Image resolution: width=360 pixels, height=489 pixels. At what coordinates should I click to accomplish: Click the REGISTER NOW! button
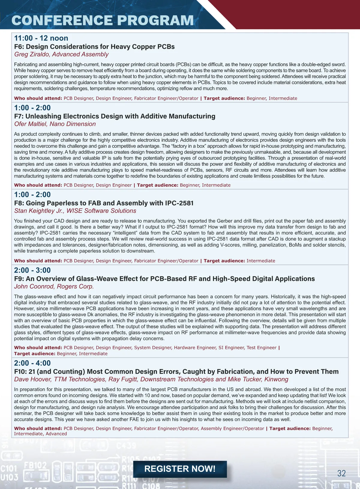(x=180, y=469)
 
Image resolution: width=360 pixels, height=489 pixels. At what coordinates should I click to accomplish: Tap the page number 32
(x=341, y=473)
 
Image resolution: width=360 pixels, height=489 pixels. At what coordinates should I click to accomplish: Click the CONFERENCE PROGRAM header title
(x=103, y=20)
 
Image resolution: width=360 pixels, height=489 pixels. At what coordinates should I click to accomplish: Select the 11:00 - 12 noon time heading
(x=41, y=38)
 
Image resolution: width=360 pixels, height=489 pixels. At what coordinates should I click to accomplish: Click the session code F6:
(x=19, y=47)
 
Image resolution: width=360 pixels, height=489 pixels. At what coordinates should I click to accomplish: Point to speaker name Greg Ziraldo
(x=32, y=54)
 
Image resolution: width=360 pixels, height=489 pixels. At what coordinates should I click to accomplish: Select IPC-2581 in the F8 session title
(x=179, y=203)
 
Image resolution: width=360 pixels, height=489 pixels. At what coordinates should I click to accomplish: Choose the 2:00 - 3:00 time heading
(x=32, y=270)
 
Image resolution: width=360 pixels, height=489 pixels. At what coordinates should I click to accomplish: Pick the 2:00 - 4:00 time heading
(x=32, y=363)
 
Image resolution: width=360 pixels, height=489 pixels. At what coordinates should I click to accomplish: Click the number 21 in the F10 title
(x=32, y=372)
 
